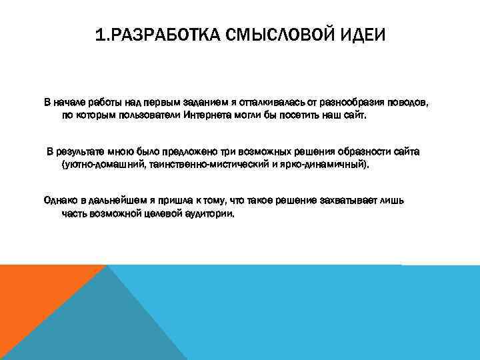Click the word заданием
(x=200, y=103)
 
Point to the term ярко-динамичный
(x=327, y=164)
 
